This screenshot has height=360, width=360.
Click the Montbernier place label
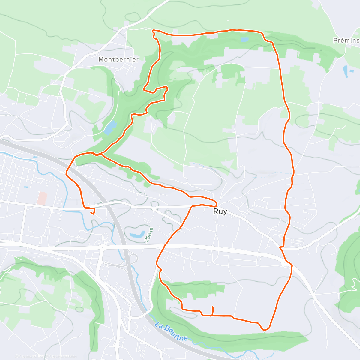(x=119, y=59)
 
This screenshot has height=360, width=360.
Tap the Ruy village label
(x=220, y=211)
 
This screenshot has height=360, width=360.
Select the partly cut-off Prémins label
(x=347, y=40)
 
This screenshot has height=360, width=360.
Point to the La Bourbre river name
(x=172, y=331)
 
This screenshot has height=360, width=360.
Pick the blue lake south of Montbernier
(x=110, y=127)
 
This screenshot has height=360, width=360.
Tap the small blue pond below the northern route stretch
(x=245, y=40)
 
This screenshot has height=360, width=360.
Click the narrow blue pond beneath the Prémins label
(x=346, y=71)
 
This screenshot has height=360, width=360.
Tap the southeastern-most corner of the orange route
(x=264, y=330)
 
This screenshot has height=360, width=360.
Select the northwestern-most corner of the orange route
(x=153, y=31)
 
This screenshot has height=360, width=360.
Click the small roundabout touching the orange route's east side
(x=284, y=263)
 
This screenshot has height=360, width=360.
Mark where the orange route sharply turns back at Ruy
(x=216, y=203)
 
